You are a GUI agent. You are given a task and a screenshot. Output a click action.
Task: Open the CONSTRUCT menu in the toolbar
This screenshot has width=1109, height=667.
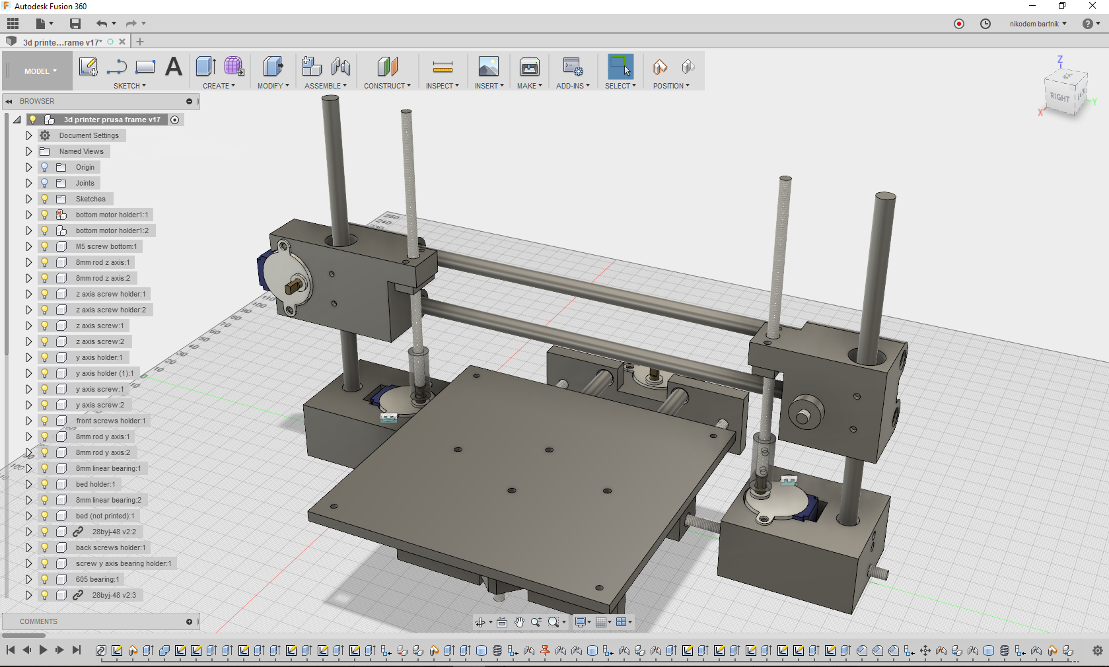pos(387,86)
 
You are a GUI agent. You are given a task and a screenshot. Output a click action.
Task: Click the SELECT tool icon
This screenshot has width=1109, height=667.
pos(620,67)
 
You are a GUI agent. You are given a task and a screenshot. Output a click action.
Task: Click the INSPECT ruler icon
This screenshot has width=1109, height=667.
pos(442,67)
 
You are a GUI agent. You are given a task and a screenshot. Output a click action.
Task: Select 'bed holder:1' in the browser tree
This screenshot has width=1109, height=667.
pos(95,484)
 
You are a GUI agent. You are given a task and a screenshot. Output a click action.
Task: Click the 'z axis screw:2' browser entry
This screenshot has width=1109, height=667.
pos(100,341)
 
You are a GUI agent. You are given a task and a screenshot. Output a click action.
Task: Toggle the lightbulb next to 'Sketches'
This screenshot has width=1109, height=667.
pos(45,199)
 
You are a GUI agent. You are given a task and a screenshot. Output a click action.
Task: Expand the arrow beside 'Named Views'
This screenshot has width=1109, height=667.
pos(28,151)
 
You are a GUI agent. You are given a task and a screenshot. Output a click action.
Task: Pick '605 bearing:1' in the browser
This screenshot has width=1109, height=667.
pos(97,579)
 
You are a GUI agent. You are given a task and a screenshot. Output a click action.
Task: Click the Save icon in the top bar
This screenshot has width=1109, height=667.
pos(75,24)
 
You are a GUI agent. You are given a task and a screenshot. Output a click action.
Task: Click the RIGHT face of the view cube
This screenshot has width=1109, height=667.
pos(1059,97)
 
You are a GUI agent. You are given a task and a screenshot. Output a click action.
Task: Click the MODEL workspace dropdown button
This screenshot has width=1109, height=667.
pos(40,71)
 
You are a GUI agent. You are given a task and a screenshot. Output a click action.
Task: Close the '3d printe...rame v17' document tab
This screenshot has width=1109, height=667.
pos(122,42)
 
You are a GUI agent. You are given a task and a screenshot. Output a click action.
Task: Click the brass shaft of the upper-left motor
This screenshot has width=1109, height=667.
pos(293,286)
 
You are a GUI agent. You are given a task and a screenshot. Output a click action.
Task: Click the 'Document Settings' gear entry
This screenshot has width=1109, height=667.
pos(89,135)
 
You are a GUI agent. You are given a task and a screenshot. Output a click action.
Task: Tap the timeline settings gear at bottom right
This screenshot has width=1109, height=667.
pos(1097,650)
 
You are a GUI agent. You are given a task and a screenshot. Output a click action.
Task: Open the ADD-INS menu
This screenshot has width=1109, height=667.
pos(573,86)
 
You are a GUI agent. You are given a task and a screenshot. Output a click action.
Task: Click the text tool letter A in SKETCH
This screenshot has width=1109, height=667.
pos(173,67)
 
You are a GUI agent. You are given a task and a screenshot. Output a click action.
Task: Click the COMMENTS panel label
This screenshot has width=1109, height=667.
pos(38,621)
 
